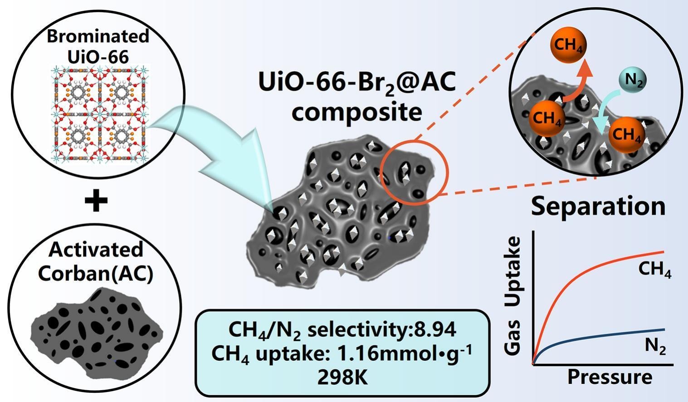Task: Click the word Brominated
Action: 98,36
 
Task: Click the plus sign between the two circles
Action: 96,201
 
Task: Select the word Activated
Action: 96,249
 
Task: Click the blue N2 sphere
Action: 633,80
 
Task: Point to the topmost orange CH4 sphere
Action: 568,45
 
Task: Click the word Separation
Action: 598,206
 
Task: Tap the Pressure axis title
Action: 610,377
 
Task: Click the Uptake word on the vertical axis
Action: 513,272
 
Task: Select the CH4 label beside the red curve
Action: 655,270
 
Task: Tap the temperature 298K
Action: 343,377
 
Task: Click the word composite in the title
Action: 357,113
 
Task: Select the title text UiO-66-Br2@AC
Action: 357,83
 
